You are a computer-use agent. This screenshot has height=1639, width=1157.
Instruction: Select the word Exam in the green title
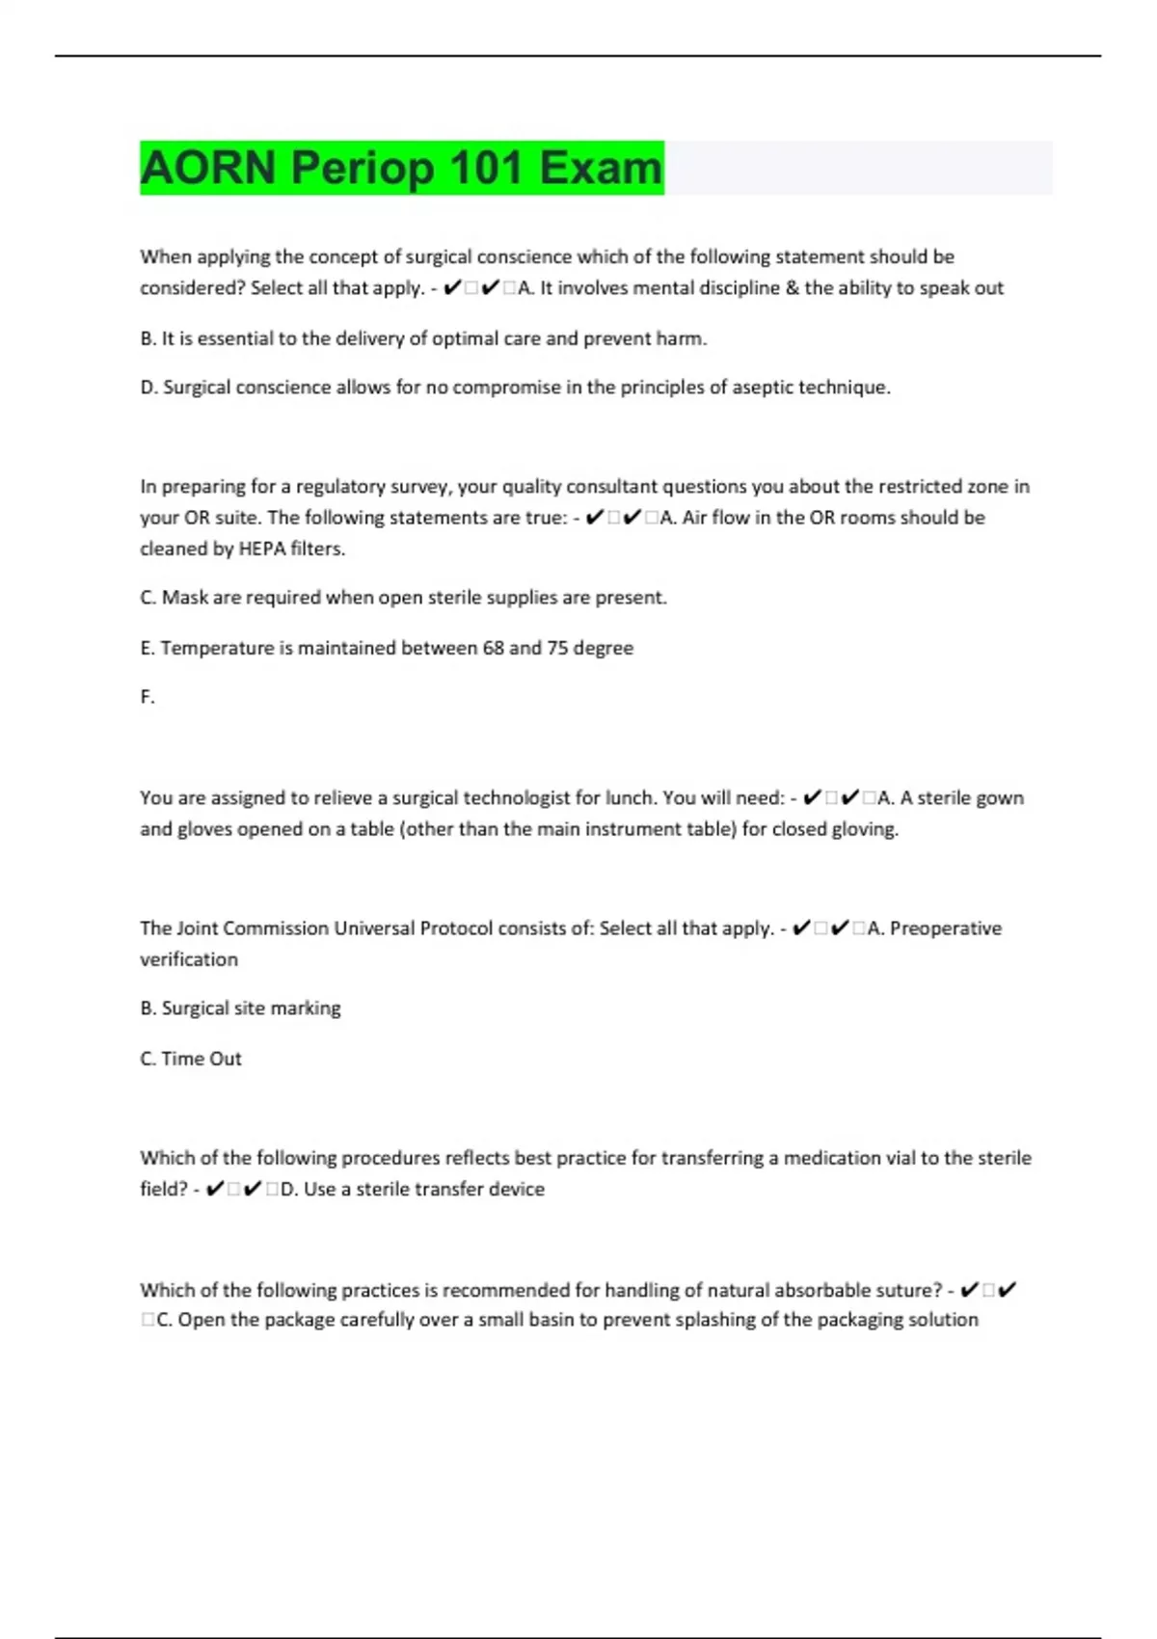pyautogui.click(x=601, y=168)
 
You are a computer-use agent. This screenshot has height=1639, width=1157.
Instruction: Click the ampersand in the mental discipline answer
pyautogui.click(x=794, y=288)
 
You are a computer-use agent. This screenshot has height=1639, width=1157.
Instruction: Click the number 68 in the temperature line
pyautogui.click(x=494, y=648)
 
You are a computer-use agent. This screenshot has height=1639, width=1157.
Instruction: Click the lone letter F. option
pyautogui.click(x=148, y=697)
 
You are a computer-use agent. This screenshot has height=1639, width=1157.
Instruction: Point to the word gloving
pyautogui.click(x=867, y=829)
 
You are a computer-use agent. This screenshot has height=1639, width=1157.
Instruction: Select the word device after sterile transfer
pyautogui.click(x=516, y=1190)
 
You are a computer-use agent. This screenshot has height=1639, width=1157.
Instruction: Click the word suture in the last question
pyautogui.click(x=903, y=1290)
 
